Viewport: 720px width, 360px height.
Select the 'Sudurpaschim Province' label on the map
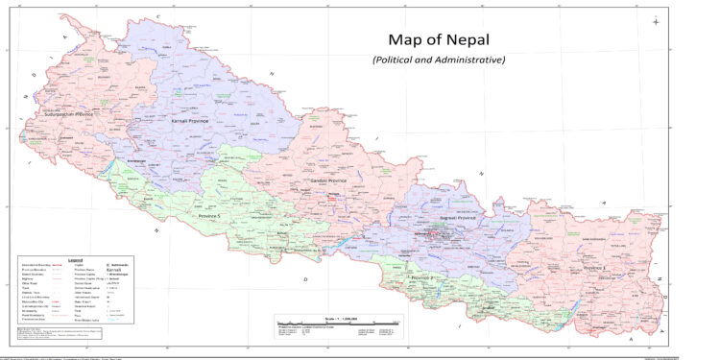[69, 114]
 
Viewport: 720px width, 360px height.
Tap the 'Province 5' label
[208, 217]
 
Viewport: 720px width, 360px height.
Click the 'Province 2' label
[423, 277]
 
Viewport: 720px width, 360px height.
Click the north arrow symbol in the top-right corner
[655, 21]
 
